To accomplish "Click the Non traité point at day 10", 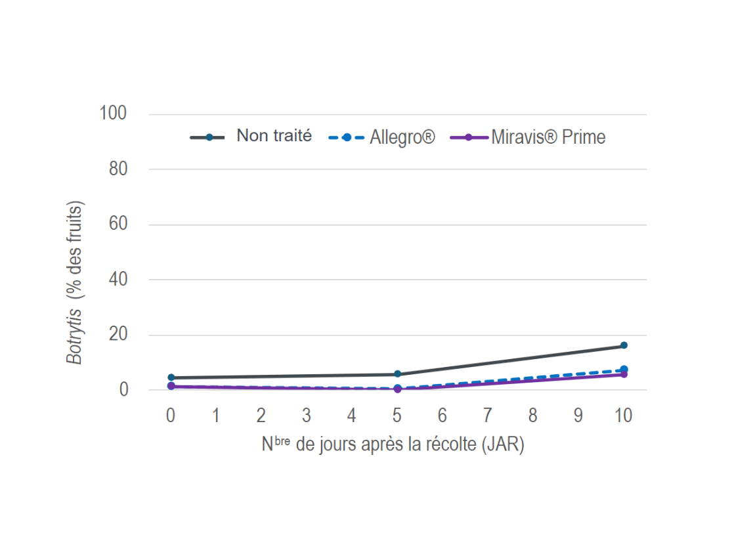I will [624, 345].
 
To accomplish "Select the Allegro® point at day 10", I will [624, 370].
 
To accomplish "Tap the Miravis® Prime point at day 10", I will [624, 374].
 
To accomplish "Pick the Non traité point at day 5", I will [397, 374].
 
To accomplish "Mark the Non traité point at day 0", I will [171, 377].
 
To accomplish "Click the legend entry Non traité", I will [274, 137].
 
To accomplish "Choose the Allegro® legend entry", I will [402, 137].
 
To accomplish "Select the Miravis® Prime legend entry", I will [548, 137].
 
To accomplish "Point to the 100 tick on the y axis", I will [113, 114].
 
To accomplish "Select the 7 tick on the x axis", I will [487, 416].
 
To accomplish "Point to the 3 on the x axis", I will [306, 416].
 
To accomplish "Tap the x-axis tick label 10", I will [623, 416].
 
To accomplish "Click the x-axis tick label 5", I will [397, 416].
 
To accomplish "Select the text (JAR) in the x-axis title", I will [502, 444].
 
